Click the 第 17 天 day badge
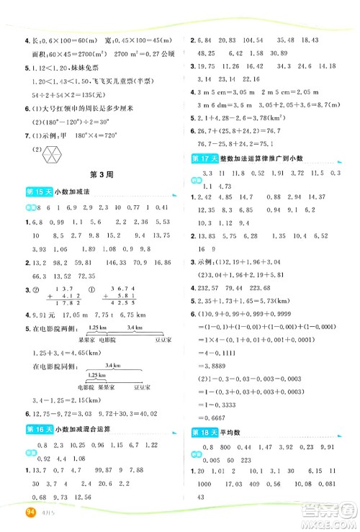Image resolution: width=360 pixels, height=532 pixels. [x=204, y=137]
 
